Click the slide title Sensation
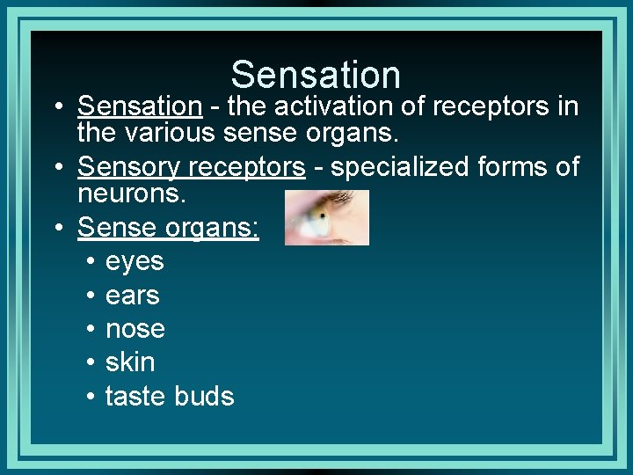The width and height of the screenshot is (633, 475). click(x=316, y=75)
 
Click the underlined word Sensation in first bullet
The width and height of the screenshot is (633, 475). click(x=140, y=106)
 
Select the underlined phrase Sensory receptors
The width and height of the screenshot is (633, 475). click(x=191, y=166)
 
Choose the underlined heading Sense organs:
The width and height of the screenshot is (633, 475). click(x=168, y=227)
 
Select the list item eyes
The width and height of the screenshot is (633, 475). click(x=135, y=261)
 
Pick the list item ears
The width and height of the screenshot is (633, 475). click(x=132, y=295)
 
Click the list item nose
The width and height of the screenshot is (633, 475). click(x=135, y=329)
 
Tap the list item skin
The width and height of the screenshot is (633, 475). click(x=130, y=362)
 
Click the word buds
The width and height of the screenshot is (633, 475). click(x=204, y=396)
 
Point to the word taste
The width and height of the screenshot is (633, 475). click(x=136, y=396)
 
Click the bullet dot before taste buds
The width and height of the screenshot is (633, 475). click(x=91, y=397)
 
